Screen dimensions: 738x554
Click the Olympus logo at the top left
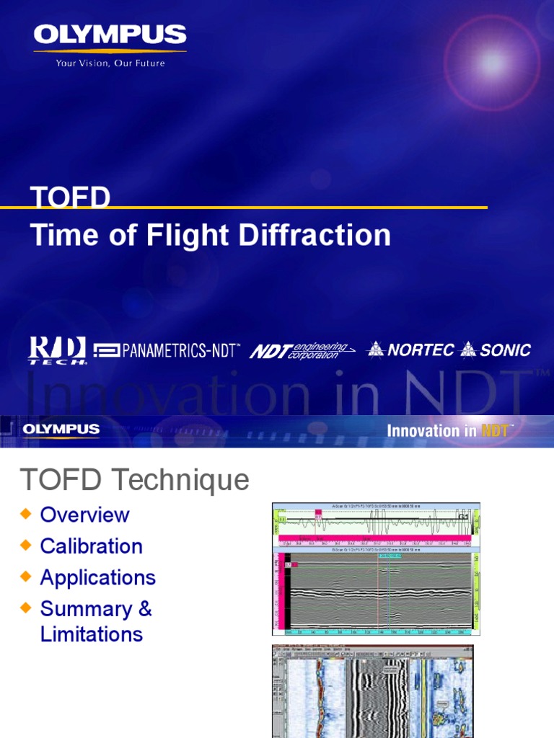[110, 35]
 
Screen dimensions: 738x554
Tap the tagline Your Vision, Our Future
[110, 63]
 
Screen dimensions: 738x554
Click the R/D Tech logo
[58, 350]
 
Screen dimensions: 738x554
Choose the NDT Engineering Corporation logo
[302, 351]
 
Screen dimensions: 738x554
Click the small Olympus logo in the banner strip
[61, 430]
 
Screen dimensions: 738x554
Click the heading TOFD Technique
[134, 479]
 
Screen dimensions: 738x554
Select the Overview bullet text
[84, 515]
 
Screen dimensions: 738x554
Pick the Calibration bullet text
[92, 546]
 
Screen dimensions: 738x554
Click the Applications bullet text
[98, 577]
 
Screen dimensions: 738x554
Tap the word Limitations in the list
[92, 634]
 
